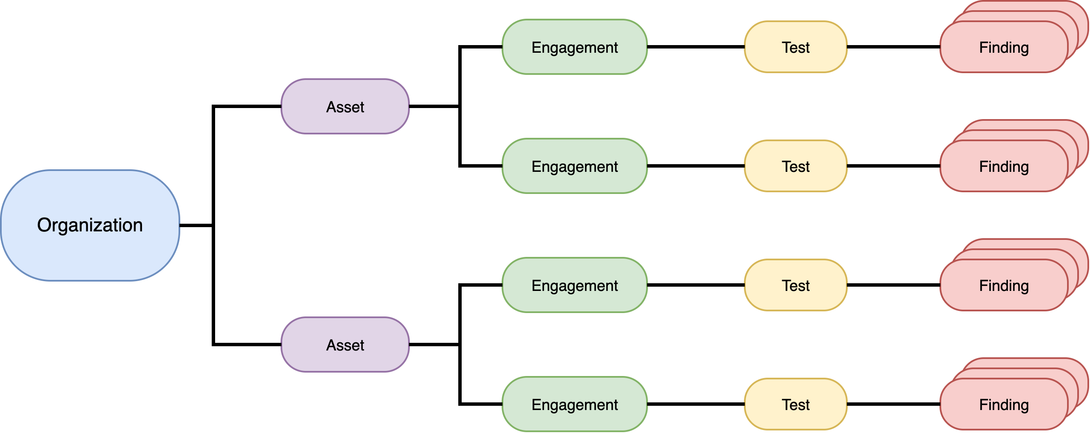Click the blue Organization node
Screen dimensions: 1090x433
pos(90,225)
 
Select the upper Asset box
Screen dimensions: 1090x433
pos(345,106)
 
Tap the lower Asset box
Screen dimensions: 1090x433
pos(345,345)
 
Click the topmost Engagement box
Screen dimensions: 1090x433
pos(575,47)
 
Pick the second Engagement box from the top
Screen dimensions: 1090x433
pos(575,166)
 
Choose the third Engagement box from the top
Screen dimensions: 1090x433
pos(575,285)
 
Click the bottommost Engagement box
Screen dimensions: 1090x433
pos(575,404)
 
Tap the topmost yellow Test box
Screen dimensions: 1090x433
pos(796,47)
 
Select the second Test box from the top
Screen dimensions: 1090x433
pos(796,166)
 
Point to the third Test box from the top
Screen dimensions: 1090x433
pos(796,285)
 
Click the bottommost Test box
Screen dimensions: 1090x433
pos(796,404)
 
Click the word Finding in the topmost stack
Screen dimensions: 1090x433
pos(1004,48)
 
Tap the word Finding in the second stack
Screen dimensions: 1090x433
pos(1004,167)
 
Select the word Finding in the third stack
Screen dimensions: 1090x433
pos(1004,286)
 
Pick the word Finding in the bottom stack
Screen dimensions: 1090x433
pos(1004,405)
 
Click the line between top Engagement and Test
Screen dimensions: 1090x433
pos(696,47)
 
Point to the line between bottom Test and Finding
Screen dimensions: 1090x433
pos(894,404)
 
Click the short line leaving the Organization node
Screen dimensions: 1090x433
pos(196,225)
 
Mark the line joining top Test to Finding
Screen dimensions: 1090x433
pos(894,47)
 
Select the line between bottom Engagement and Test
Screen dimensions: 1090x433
pos(696,404)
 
